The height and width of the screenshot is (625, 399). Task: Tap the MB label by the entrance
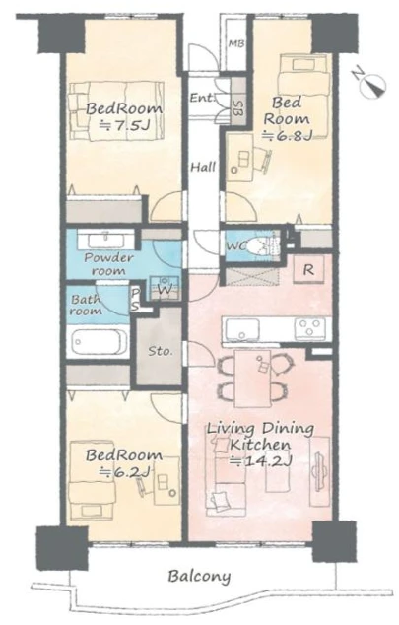(x=236, y=43)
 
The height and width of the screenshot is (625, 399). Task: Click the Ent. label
(x=202, y=98)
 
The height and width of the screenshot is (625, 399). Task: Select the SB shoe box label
(x=237, y=106)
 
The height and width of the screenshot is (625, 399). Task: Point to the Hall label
(x=203, y=167)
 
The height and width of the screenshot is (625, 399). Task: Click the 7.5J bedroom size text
(x=124, y=126)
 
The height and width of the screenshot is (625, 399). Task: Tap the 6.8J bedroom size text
(x=287, y=136)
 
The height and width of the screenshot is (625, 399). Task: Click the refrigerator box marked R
(x=307, y=270)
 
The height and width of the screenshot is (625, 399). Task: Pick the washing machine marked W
(x=165, y=288)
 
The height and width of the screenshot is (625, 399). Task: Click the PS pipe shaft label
(x=135, y=300)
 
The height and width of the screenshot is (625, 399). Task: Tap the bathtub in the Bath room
(x=99, y=342)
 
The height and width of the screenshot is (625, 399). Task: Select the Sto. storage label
(x=161, y=352)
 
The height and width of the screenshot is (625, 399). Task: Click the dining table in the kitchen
(x=252, y=379)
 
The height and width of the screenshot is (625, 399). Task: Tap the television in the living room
(x=320, y=467)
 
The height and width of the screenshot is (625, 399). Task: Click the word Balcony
(x=199, y=577)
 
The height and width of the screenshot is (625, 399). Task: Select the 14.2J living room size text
(x=262, y=461)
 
